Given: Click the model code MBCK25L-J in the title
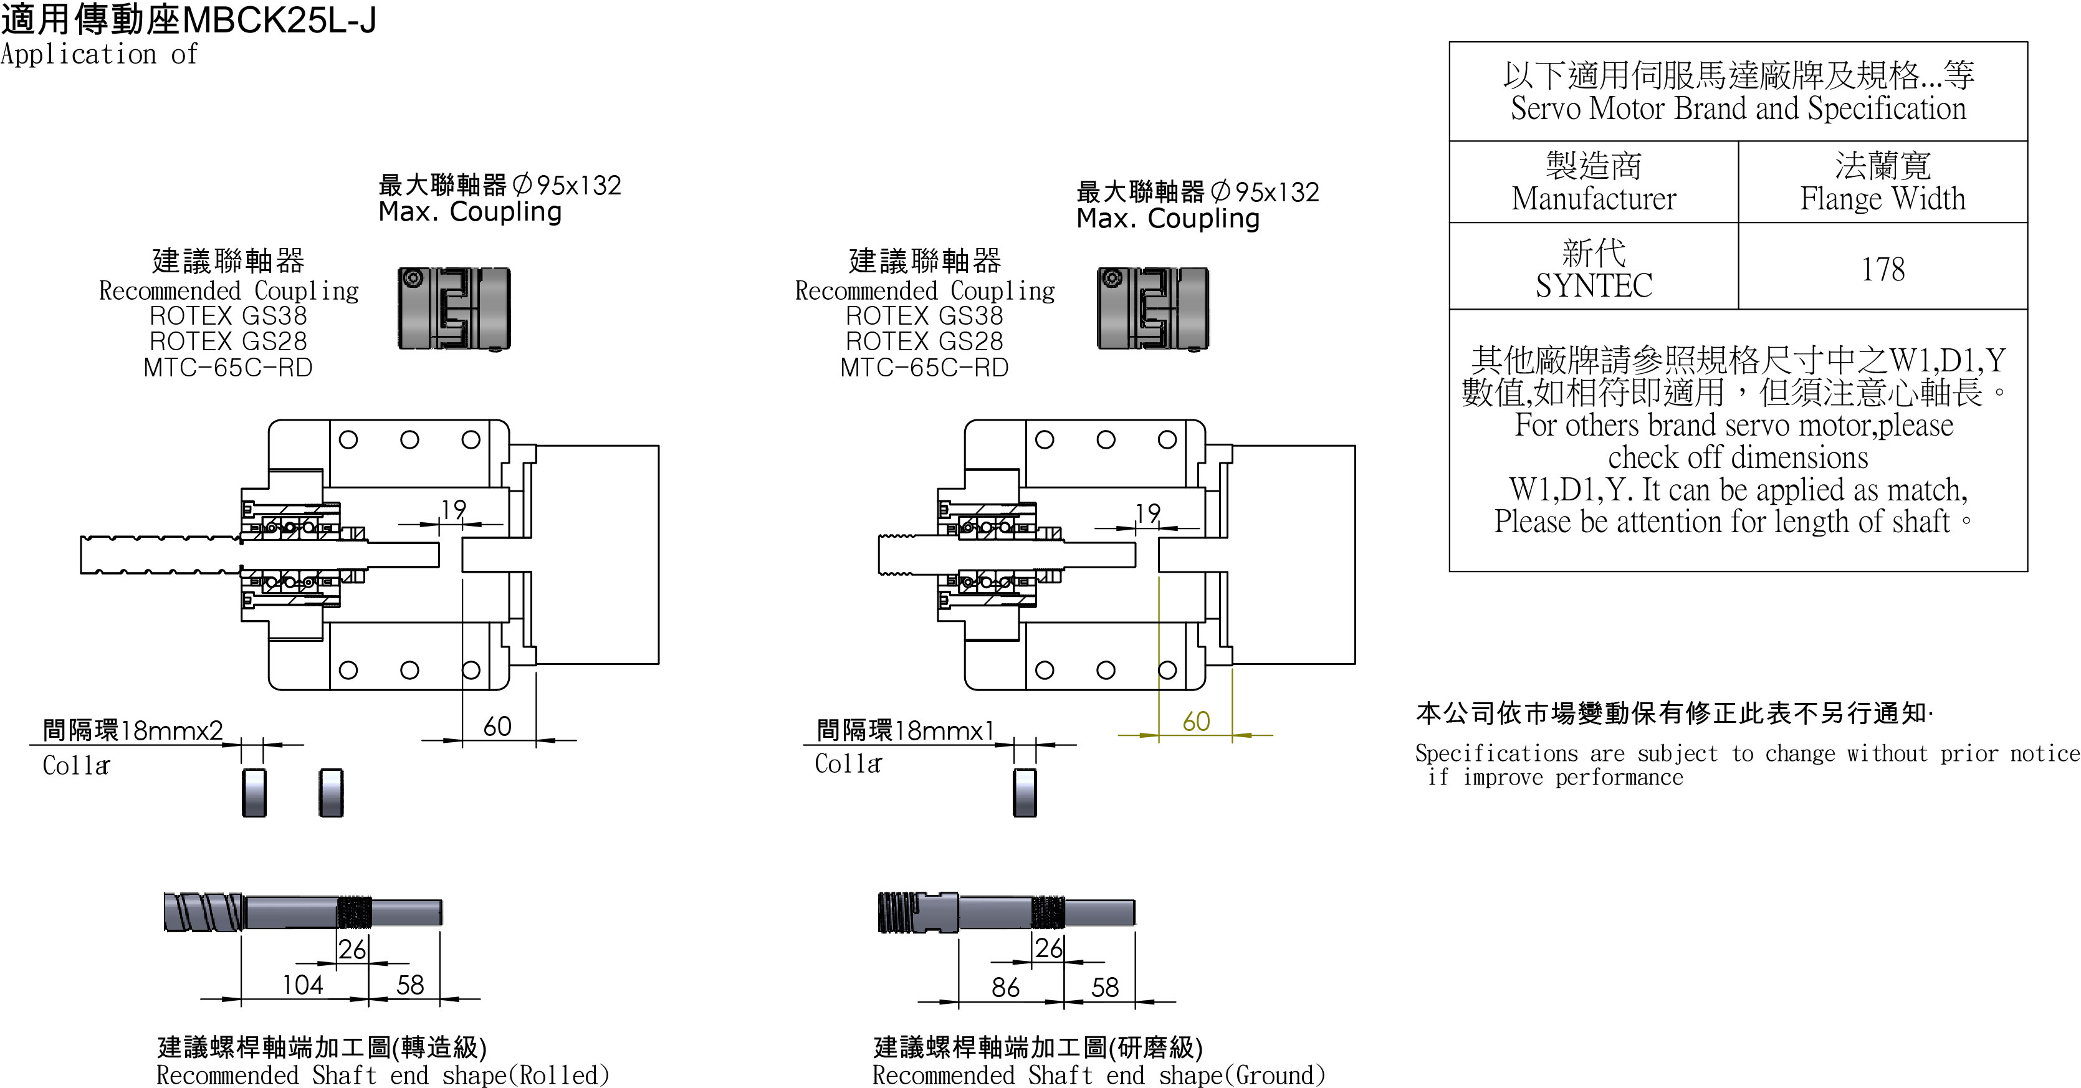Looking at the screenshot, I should (275, 20).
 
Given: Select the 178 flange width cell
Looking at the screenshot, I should (1882, 269).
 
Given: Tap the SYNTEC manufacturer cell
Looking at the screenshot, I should (1593, 269).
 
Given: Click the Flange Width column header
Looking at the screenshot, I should (1882, 183).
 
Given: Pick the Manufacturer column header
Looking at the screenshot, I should (1593, 183).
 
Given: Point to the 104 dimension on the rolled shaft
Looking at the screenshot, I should (302, 985).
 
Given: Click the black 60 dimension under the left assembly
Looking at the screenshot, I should (497, 726).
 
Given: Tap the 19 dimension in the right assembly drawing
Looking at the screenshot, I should (1147, 513).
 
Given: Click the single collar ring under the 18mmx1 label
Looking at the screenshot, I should (1025, 793).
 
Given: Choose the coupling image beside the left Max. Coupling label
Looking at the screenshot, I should (454, 308).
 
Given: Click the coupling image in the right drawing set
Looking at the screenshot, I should (1153, 308).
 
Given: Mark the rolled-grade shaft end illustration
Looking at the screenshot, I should (303, 912).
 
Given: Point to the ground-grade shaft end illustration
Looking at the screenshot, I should (1006, 912).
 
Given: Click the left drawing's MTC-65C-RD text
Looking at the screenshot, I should (228, 368).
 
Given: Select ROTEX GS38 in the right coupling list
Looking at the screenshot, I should (924, 316).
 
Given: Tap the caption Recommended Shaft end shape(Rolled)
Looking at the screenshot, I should (382, 1075).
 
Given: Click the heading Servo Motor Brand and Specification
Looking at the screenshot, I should (1738, 108).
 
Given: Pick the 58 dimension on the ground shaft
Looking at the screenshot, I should (1104, 987).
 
